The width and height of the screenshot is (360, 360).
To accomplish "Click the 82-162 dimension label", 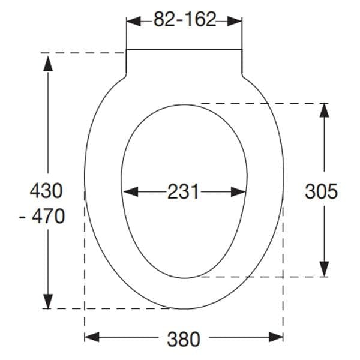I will pos(184,20).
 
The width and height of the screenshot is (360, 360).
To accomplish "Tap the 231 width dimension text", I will pos(183,192).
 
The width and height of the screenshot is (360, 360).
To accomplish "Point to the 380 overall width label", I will pos(184,339).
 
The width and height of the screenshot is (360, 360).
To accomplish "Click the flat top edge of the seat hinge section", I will pos(184,49).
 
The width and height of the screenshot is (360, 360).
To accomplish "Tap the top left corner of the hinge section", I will pos(126,49).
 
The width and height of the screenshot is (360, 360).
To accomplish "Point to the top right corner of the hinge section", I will pos(242,49).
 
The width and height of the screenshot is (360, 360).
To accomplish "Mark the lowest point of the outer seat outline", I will pos(184,309).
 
